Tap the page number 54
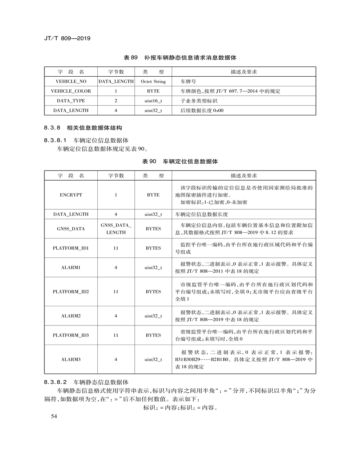[49, 417]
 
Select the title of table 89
[180, 58]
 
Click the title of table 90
[180, 162]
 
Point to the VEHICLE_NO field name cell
[71, 82]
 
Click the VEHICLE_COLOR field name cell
[71, 91]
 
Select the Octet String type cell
[153, 82]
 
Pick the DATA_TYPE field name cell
[71, 101]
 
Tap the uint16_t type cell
[153, 101]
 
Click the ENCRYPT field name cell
[71, 195]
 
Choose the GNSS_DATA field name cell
[71, 229]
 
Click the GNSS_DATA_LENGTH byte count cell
[116, 229]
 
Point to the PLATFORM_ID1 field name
[71, 248]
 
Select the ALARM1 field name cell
[71, 268]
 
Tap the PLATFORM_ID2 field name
[71, 292]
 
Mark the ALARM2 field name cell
[71, 316]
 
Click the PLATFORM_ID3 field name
[71, 335]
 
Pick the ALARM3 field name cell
[71, 360]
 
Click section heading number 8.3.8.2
[56, 382]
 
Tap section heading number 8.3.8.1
[56, 140]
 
